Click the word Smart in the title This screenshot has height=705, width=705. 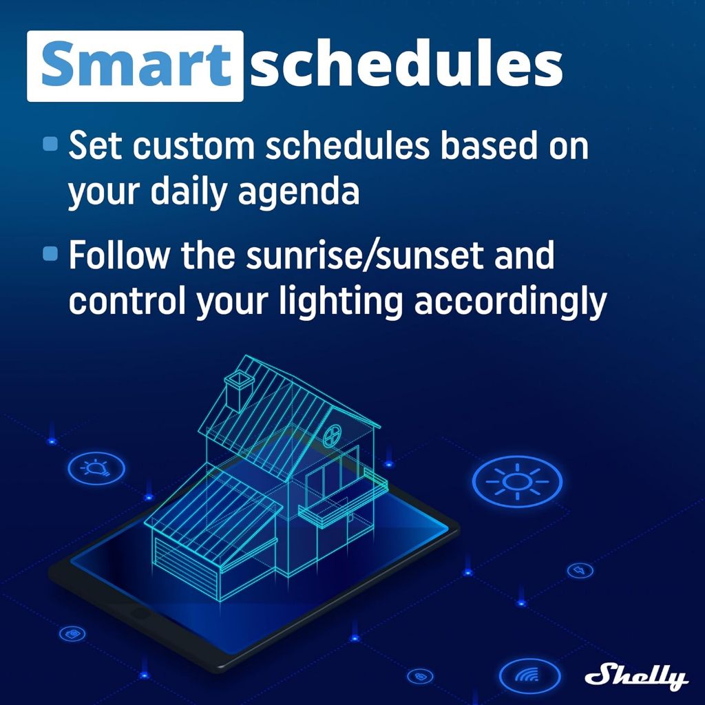136,64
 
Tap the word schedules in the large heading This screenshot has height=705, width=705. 406,64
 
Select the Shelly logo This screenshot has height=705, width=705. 636,676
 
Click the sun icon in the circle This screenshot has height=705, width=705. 517,481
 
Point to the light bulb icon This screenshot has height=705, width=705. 96,468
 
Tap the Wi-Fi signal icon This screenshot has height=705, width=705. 529,675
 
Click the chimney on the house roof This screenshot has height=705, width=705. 238,390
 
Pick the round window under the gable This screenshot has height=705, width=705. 333,435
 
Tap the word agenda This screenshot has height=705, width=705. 299,192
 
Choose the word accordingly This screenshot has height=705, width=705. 510,302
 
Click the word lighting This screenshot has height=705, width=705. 340,302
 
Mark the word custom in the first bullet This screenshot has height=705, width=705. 193,146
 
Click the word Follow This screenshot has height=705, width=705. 119,255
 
